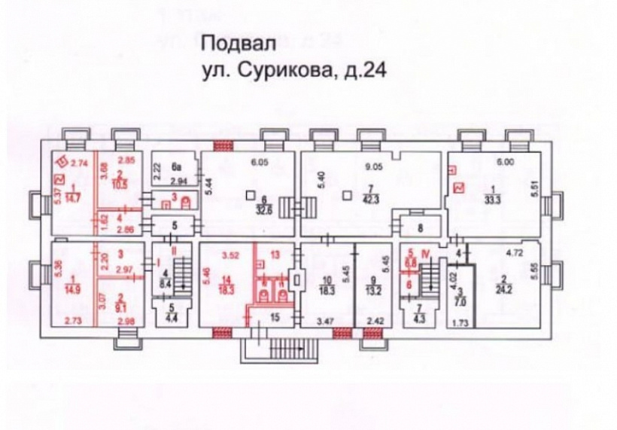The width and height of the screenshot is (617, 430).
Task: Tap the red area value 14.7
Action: click(73, 197)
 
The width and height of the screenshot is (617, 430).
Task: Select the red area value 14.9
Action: click(72, 291)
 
